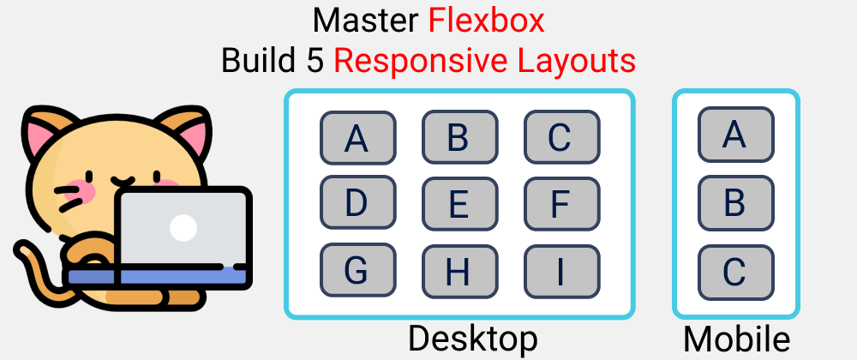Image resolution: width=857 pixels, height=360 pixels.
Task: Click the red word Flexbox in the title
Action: (x=487, y=20)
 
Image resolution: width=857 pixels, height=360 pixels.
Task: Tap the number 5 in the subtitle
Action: (x=315, y=60)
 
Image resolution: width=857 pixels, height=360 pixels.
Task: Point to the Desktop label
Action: (x=472, y=339)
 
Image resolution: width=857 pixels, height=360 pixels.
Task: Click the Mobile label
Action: (x=736, y=339)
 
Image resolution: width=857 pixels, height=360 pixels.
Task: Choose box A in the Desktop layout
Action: (x=357, y=137)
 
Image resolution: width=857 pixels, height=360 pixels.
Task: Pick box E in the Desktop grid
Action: (x=459, y=204)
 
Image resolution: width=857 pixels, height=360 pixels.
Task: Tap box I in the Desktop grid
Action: (x=561, y=270)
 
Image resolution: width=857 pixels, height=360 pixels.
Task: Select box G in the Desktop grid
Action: (x=357, y=270)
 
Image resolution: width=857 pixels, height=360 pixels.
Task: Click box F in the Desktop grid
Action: (x=561, y=204)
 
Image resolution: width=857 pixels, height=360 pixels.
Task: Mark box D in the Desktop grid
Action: (x=357, y=204)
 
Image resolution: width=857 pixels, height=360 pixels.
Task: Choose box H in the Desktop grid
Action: (x=459, y=270)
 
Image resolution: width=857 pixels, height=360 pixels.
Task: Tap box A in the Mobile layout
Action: (x=735, y=135)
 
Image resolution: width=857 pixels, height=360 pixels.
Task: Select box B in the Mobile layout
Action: (x=735, y=203)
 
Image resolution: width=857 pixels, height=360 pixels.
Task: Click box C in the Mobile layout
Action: (x=735, y=271)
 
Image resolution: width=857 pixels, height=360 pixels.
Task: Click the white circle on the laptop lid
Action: (x=183, y=227)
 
